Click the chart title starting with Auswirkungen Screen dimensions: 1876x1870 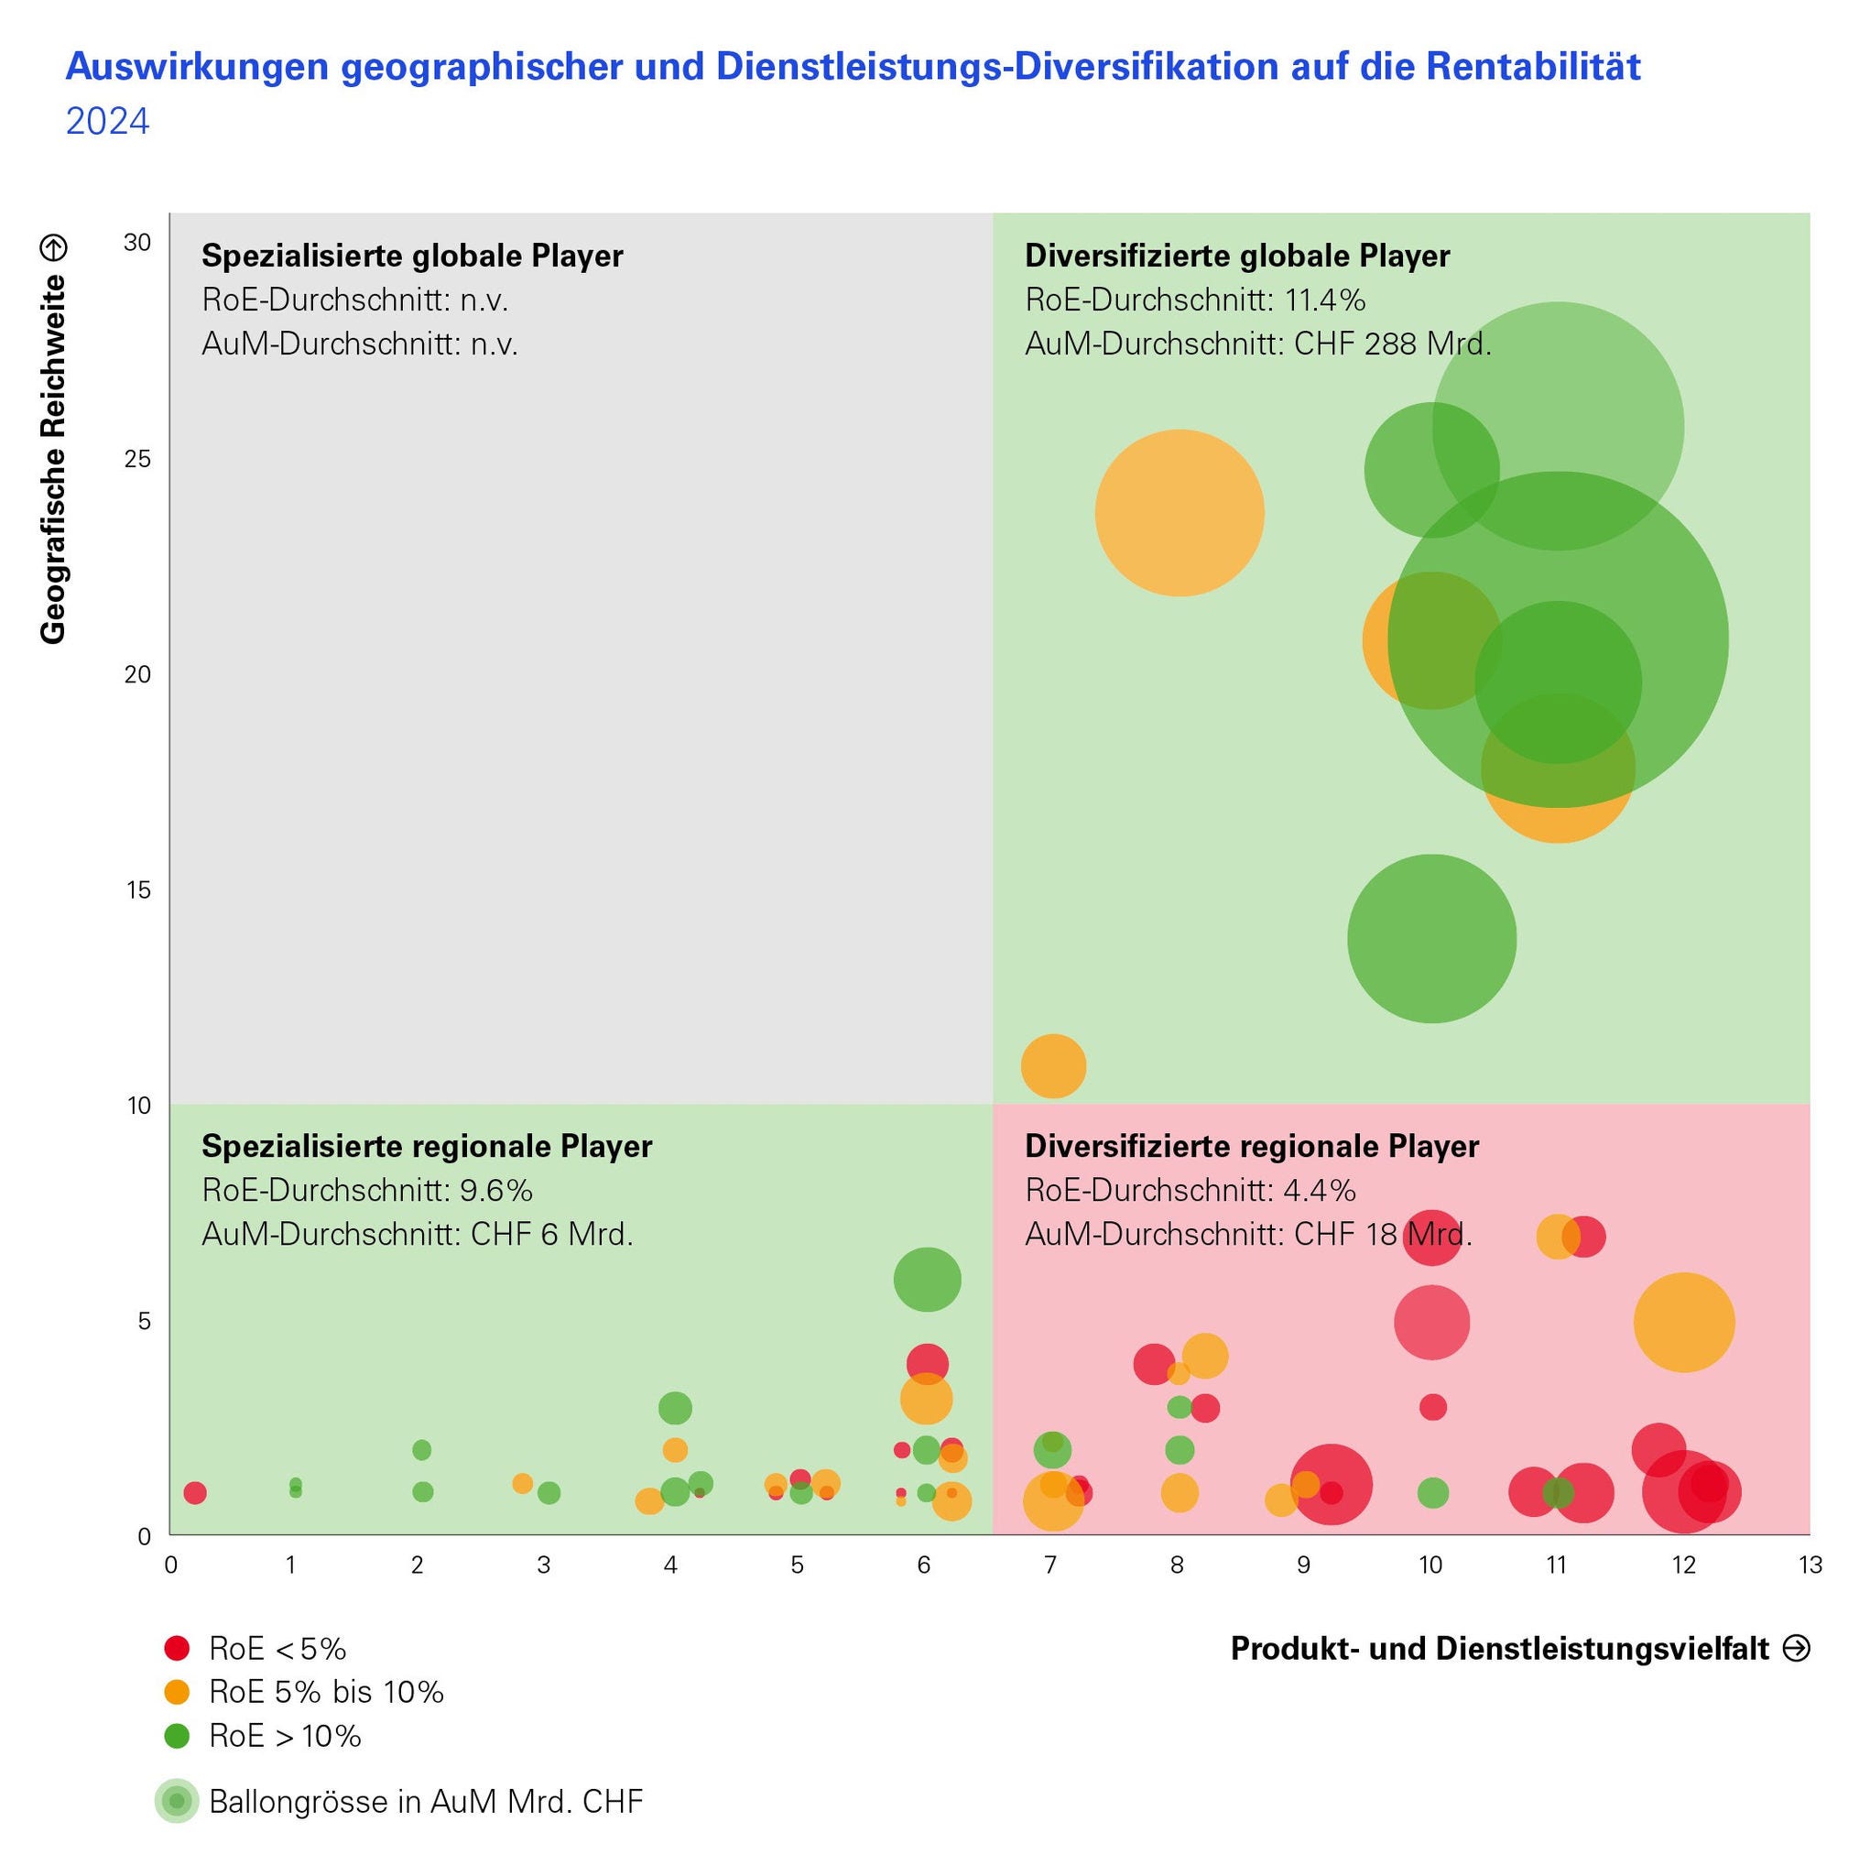point(852,67)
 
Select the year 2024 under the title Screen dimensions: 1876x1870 point(108,123)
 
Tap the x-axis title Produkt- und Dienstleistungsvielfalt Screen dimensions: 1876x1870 point(1499,1648)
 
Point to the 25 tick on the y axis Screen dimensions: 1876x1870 point(139,458)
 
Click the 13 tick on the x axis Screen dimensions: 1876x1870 point(1809,1565)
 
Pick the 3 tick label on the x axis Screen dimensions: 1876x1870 point(544,1565)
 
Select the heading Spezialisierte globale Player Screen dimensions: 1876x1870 point(412,256)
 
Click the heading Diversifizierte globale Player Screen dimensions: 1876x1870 point(1237,256)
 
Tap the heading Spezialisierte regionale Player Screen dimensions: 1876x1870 point(426,1146)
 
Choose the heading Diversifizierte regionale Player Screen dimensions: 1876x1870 point(1252,1146)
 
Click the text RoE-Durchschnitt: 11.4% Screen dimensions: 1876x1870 point(1195,300)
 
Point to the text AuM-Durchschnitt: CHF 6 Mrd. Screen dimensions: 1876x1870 point(418,1234)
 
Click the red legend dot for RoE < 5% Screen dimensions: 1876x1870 point(177,1648)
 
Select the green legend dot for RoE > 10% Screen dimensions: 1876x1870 point(177,1735)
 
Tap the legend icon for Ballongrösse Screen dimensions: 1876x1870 point(177,1801)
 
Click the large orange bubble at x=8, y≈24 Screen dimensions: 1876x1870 point(1179,513)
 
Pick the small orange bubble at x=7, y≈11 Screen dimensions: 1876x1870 point(1052,1066)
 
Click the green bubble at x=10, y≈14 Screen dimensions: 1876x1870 point(1431,938)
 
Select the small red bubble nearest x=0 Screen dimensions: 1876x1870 point(195,1492)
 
